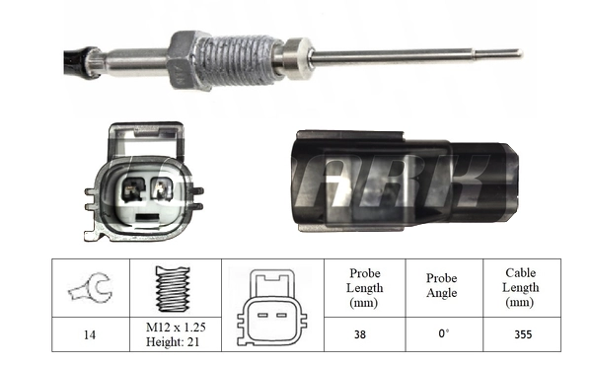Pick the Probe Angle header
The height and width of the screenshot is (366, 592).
tap(441, 287)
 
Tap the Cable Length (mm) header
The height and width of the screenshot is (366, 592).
tap(522, 287)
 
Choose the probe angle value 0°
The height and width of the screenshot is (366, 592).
tap(441, 334)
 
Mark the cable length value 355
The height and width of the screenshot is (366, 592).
tap(522, 334)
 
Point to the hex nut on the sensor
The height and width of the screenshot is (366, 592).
tap(186, 62)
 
